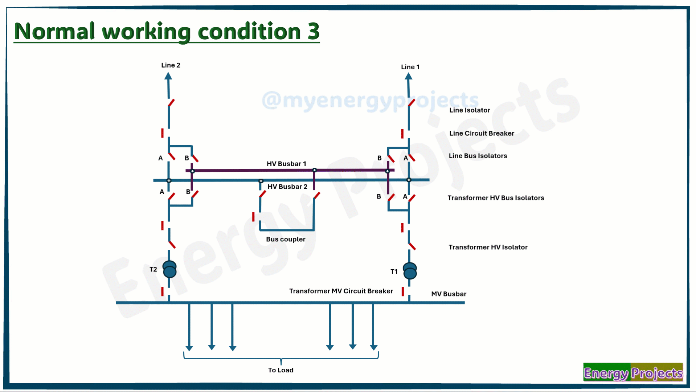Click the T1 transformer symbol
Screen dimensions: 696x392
click(410, 271)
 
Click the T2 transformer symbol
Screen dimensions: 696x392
click(169, 269)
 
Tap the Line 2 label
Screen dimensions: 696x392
click(171, 65)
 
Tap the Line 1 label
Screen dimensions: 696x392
click(410, 67)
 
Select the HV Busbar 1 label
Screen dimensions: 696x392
click(286, 164)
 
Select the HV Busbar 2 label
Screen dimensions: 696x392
click(287, 187)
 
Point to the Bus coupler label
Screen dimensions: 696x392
click(286, 239)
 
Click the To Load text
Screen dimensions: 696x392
click(281, 370)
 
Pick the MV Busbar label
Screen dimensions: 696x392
click(449, 294)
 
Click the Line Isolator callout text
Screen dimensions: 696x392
click(470, 110)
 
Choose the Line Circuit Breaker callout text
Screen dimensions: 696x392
click(482, 133)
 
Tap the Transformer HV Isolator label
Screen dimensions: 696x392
click(488, 247)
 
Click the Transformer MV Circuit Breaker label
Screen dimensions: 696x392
click(341, 291)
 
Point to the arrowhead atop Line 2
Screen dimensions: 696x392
click(168, 76)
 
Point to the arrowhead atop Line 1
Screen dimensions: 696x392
click(409, 76)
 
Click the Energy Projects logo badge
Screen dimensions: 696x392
click(633, 372)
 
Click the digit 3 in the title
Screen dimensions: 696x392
click(313, 31)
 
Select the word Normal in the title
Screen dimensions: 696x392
click(54, 31)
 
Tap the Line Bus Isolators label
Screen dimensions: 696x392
click(478, 156)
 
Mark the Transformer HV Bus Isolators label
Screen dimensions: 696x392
click(496, 198)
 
